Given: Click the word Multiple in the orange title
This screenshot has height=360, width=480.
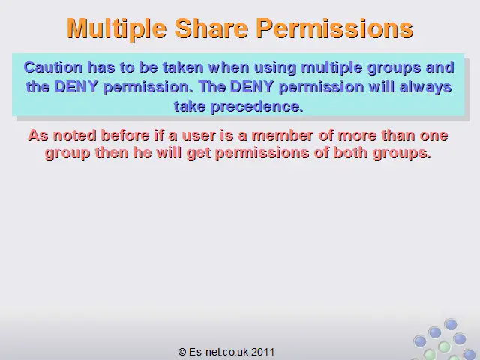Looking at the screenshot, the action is tap(116, 28).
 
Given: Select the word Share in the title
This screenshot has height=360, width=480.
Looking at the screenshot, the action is tap(211, 28).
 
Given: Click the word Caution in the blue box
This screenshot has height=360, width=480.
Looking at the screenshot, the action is tap(53, 67).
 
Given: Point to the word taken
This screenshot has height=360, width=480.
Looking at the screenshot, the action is tap(183, 67).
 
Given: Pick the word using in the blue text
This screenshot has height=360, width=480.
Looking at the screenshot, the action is tap(275, 68).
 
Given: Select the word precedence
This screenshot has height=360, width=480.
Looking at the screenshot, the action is tap(256, 106).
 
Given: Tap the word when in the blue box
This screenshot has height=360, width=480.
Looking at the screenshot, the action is tap(229, 67).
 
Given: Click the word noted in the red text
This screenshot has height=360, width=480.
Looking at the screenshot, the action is tap(75, 136).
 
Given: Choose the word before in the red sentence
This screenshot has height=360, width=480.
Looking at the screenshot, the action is tap(125, 136).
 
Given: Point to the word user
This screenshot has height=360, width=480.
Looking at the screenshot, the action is tap(199, 136).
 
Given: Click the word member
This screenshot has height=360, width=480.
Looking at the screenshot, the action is tap(282, 136).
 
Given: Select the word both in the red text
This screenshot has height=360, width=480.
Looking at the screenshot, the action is tap(350, 153).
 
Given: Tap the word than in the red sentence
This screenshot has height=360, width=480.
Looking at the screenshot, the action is tap(398, 136).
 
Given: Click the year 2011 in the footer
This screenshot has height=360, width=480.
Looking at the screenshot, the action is tap(262, 352).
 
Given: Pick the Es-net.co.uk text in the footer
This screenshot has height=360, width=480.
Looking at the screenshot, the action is tap(218, 352).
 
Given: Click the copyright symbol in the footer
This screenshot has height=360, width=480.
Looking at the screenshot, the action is tap(182, 352).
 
